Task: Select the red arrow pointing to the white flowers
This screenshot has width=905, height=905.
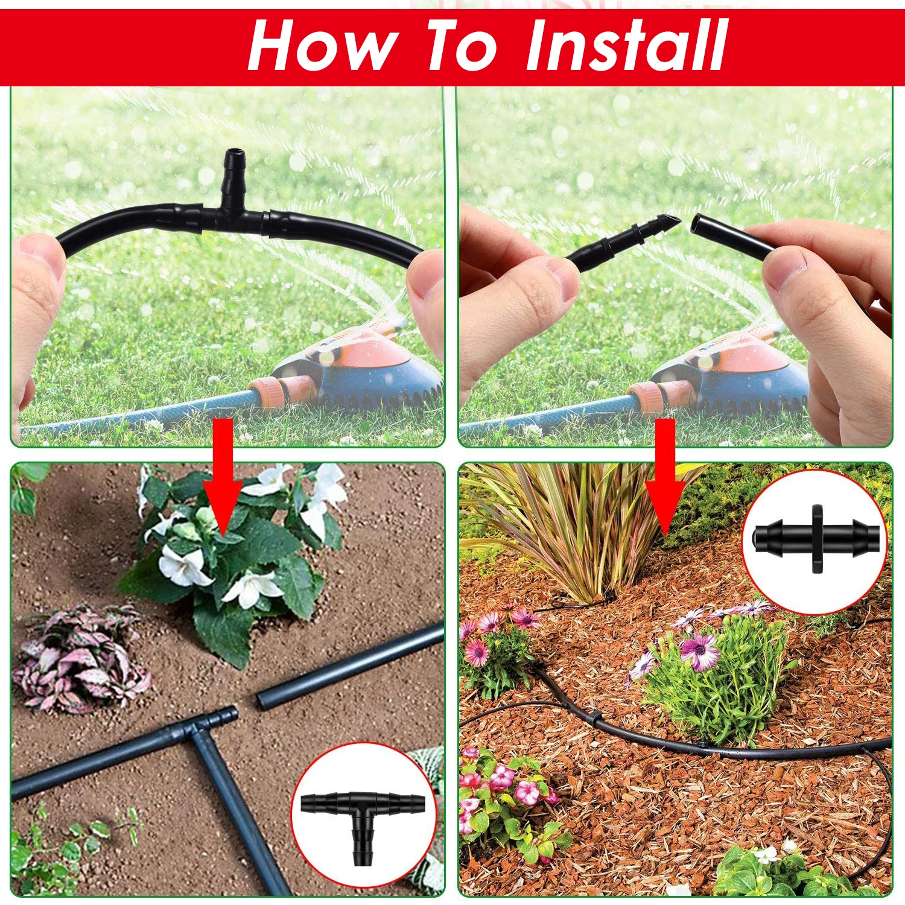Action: coord(223,477)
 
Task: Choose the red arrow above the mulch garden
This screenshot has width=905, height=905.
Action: coord(665,477)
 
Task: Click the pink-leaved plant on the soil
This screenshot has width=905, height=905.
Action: coord(78,658)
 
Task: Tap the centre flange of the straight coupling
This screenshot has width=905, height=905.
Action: coord(818,539)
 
